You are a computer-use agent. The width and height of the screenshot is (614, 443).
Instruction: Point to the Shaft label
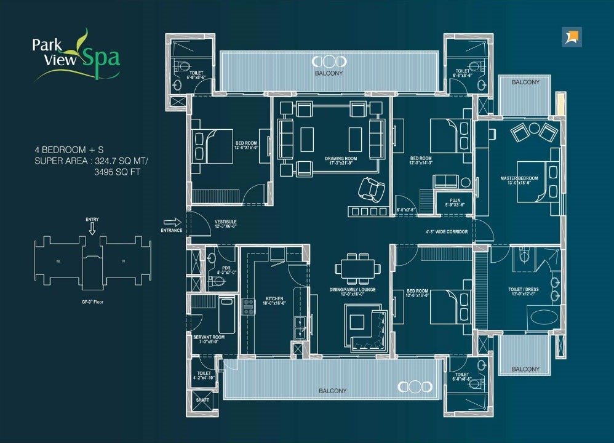click(202, 400)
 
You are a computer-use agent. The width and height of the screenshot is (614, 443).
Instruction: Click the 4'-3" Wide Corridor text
click(446, 233)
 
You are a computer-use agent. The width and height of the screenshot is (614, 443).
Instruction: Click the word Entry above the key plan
click(92, 219)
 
